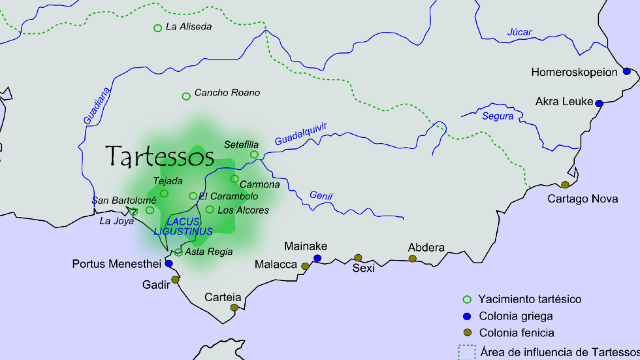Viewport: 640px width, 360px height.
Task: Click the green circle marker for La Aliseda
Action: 158,28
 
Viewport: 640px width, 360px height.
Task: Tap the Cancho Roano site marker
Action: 186,96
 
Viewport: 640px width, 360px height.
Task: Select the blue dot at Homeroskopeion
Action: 627,71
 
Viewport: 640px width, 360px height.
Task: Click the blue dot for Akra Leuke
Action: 599,103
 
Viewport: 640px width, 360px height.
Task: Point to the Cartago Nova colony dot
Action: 565,184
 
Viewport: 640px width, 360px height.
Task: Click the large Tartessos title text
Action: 160,156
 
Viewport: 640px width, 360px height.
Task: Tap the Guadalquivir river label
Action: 301,134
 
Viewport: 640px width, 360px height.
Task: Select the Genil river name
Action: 321,195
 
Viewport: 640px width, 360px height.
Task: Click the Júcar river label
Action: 520,32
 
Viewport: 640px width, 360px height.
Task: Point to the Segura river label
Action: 498,116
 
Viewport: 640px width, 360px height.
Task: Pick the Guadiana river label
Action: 96,106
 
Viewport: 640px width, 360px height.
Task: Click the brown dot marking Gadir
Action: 175,280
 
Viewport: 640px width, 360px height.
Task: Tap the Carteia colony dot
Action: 234,307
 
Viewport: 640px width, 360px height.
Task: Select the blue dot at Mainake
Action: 317,258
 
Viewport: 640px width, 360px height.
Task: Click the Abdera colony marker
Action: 412,259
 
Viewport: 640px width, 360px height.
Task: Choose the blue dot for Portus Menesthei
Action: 169,264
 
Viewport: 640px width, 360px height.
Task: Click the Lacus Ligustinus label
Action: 183,226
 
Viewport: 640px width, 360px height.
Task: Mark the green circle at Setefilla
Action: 254,154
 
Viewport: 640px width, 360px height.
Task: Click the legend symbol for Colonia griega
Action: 467,316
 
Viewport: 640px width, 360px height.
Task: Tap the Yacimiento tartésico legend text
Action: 530,299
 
